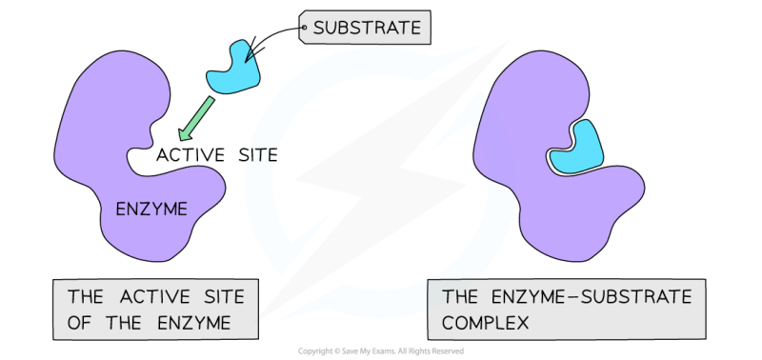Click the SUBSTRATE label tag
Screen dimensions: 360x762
pyautogui.click(x=367, y=29)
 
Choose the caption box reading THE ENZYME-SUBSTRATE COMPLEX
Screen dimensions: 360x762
pyautogui.click(x=568, y=310)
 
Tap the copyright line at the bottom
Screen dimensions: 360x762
pyautogui.click(x=381, y=350)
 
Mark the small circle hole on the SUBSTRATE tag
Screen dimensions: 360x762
pyautogui.click(x=305, y=28)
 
